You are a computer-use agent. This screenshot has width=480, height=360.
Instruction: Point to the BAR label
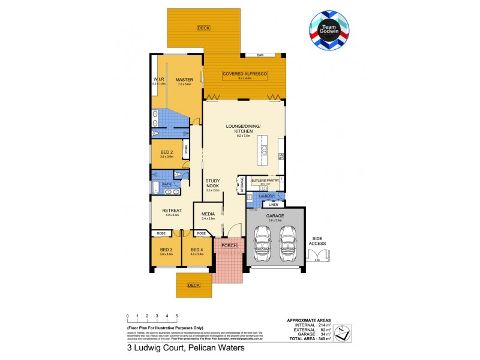[x=260, y=55]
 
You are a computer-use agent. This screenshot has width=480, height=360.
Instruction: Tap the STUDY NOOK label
[x=213, y=184]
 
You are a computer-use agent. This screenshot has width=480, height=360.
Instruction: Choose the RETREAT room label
[x=172, y=210]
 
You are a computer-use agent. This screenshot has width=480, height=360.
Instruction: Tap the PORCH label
[x=230, y=245]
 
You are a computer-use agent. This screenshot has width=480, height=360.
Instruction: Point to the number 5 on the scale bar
[x=176, y=316]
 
